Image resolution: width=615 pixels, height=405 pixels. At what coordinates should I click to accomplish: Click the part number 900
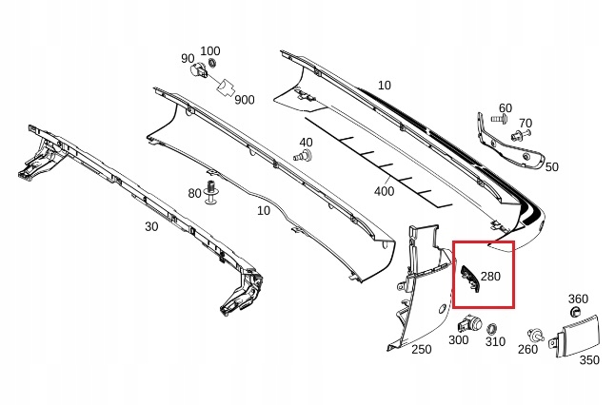[244, 100]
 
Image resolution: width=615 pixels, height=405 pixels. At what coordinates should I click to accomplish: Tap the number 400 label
[384, 191]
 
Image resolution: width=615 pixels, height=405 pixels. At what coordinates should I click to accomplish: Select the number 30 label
[150, 227]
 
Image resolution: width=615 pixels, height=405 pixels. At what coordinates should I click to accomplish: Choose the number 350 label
[589, 360]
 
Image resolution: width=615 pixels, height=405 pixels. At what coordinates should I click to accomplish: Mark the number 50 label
[551, 166]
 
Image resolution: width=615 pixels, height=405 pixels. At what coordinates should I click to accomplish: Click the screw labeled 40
[305, 155]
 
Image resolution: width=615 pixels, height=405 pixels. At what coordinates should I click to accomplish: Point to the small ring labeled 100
[212, 64]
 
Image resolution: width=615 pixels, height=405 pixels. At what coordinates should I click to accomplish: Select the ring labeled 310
[493, 328]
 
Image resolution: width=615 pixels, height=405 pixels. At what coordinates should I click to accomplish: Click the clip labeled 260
[537, 336]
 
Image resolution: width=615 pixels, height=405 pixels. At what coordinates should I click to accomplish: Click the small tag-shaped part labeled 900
[226, 87]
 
